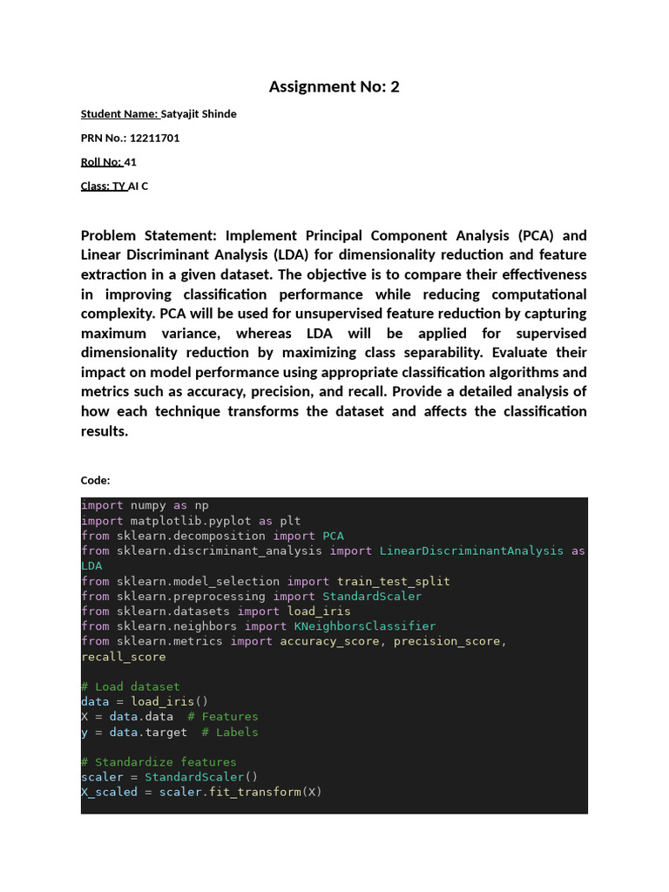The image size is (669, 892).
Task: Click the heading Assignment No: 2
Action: point(334,86)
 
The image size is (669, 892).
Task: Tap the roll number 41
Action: point(131,162)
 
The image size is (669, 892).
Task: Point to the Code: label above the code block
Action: point(95,480)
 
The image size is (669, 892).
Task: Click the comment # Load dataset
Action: point(131,686)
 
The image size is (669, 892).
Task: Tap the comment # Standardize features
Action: point(159,761)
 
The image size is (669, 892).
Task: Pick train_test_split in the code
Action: point(394,581)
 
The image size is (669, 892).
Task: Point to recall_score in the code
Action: point(123,657)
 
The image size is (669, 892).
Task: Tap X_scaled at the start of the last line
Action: point(109,792)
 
